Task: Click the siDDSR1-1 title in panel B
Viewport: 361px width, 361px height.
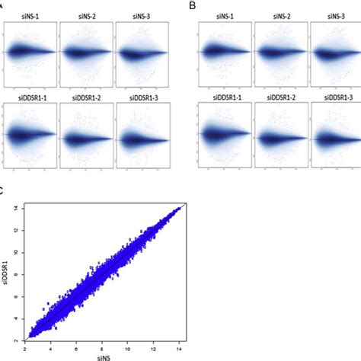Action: click(x=224, y=98)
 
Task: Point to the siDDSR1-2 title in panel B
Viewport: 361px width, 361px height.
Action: click(x=280, y=98)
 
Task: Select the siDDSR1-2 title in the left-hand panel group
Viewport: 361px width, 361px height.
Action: click(x=86, y=98)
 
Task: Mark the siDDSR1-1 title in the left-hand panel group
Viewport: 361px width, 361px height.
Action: click(x=30, y=98)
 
